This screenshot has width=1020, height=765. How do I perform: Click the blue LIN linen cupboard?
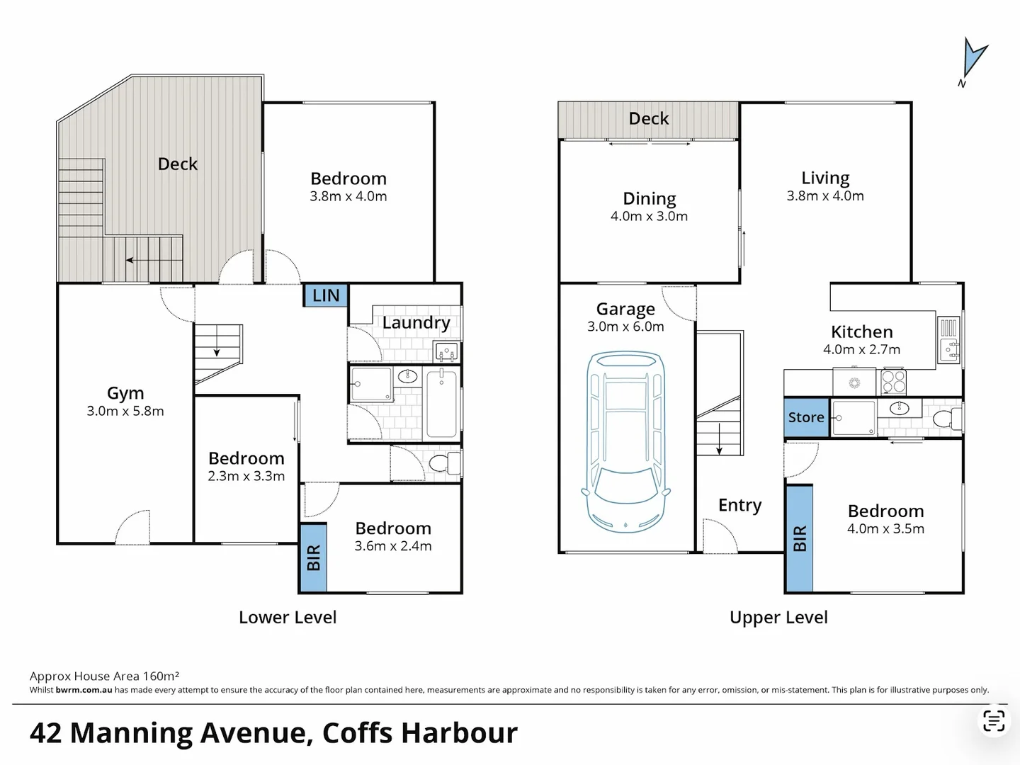(325, 295)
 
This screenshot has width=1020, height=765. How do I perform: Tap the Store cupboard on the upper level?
(806, 417)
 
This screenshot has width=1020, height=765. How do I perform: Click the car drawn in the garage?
(625, 441)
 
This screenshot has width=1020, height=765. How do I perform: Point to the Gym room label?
(125, 393)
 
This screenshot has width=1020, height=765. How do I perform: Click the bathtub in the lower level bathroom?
(441, 403)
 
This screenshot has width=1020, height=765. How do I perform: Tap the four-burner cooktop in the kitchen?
(893, 382)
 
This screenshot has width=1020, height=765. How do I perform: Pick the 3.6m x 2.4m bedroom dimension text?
(393, 545)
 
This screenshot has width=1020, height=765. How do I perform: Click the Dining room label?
(649, 198)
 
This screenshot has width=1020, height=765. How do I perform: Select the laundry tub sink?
(446, 351)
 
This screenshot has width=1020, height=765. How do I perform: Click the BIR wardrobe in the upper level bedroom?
(799, 538)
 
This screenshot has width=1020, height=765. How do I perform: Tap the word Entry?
(739, 505)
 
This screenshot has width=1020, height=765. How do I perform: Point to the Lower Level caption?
(288, 617)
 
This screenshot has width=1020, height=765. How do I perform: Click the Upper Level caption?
(778, 617)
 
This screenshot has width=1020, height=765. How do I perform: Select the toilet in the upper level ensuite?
(945, 419)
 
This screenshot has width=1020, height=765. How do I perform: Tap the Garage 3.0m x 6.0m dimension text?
(625, 327)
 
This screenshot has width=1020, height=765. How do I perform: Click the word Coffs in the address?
(358, 733)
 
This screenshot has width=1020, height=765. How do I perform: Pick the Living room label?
(825, 178)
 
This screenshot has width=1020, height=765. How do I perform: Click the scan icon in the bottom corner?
(994, 721)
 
